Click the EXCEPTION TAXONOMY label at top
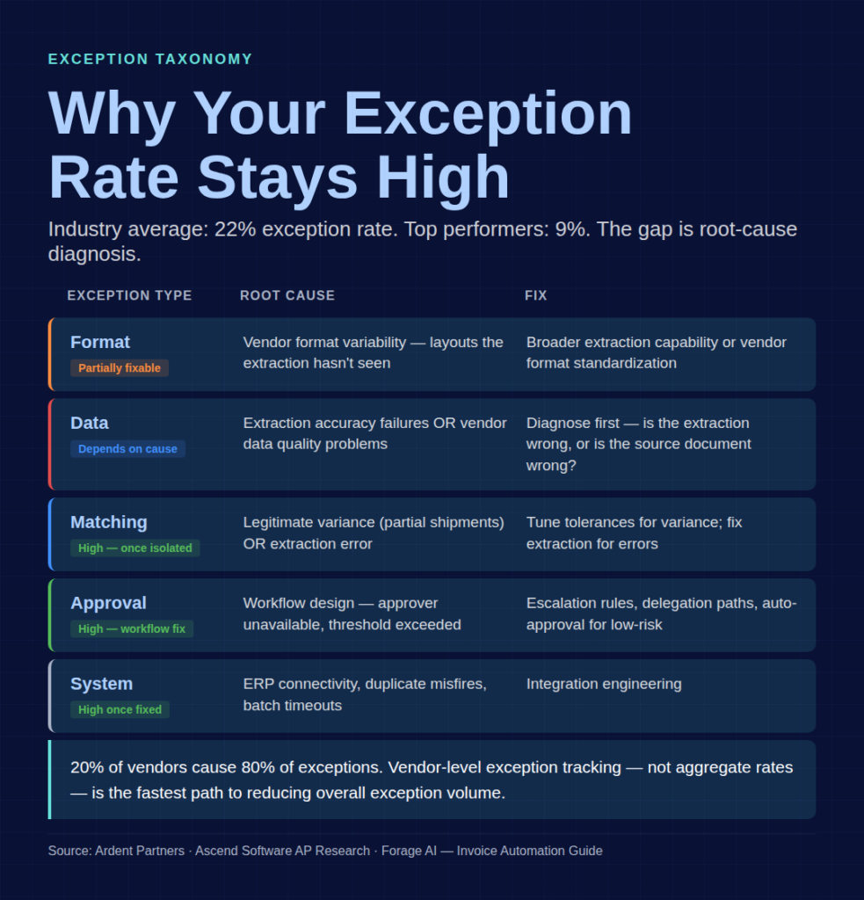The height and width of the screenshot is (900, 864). coord(150,59)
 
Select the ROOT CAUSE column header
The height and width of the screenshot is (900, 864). coord(287,295)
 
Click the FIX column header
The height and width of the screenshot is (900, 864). coord(536,295)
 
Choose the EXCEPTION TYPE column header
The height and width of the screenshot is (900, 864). coord(129,295)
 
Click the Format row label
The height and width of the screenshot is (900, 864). coord(100,342)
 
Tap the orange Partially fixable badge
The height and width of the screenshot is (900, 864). coord(120,368)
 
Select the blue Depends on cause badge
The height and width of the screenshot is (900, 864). coord(127,449)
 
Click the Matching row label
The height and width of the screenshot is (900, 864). coord(109,522)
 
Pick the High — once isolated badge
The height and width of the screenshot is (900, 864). coord(135,548)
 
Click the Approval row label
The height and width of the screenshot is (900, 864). coord(108,603)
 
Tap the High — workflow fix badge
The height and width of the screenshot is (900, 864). coord(132,629)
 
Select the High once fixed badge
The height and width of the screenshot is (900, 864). coord(120,710)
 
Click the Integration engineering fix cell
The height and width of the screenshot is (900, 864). coord(604,684)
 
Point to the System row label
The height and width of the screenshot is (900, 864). coord(102,684)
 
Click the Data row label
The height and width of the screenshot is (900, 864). coord(90,423)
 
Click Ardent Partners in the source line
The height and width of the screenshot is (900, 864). coord(141,851)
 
